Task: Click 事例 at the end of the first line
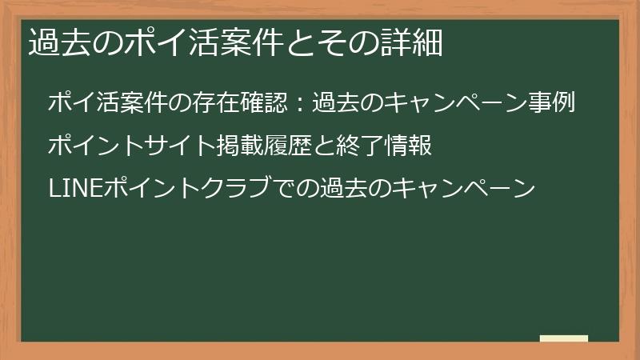tap(555, 103)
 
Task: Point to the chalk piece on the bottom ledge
tap(564, 338)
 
